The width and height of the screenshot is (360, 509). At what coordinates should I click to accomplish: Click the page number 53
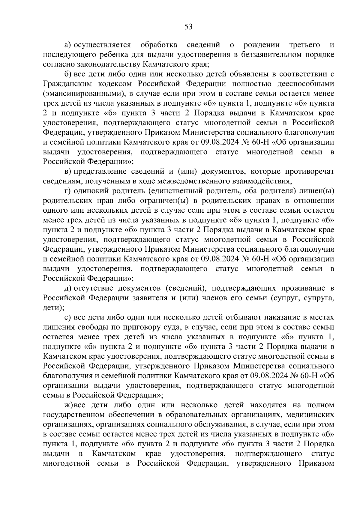coord(188,27)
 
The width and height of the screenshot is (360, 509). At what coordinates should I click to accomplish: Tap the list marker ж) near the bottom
coord(69,405)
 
